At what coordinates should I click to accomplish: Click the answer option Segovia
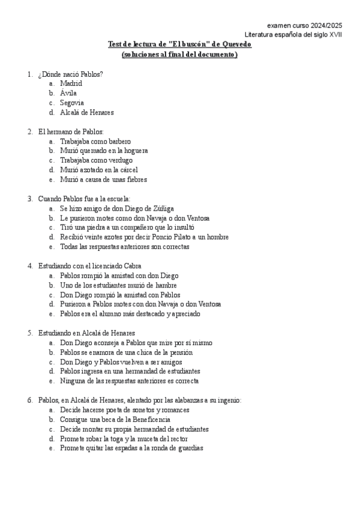pyautogui.click(x=72, y=103)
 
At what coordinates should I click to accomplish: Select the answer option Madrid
pyautogui.click(x=71, y=83)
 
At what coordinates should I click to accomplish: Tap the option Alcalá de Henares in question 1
pyautogui.click(x=87, y=112)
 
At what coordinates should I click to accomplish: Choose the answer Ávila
pyautogui.click(x=68, y=93)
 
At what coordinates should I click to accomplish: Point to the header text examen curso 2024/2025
pyautogui.click(x=305, y=25)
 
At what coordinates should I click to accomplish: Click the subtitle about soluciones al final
pyautogui.click(x=179, y=55)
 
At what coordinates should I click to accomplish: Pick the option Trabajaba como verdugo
pyautogui.click(x=96, y=160)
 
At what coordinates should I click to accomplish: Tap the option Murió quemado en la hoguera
pyautogui.click(x=104, y=151)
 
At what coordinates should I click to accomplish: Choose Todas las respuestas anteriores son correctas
pyautogui.click(x=124, y=247)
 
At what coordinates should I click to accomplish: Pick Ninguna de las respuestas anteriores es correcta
pyautogui.click(x=129, y=381)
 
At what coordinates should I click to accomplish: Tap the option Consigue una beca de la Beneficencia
pyautogui.click(x=115, y=420)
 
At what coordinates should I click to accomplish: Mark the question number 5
pyautogui.click(x=29, y=333)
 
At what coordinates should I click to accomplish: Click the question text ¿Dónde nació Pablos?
pyautogui.click(x=70, y=74)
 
